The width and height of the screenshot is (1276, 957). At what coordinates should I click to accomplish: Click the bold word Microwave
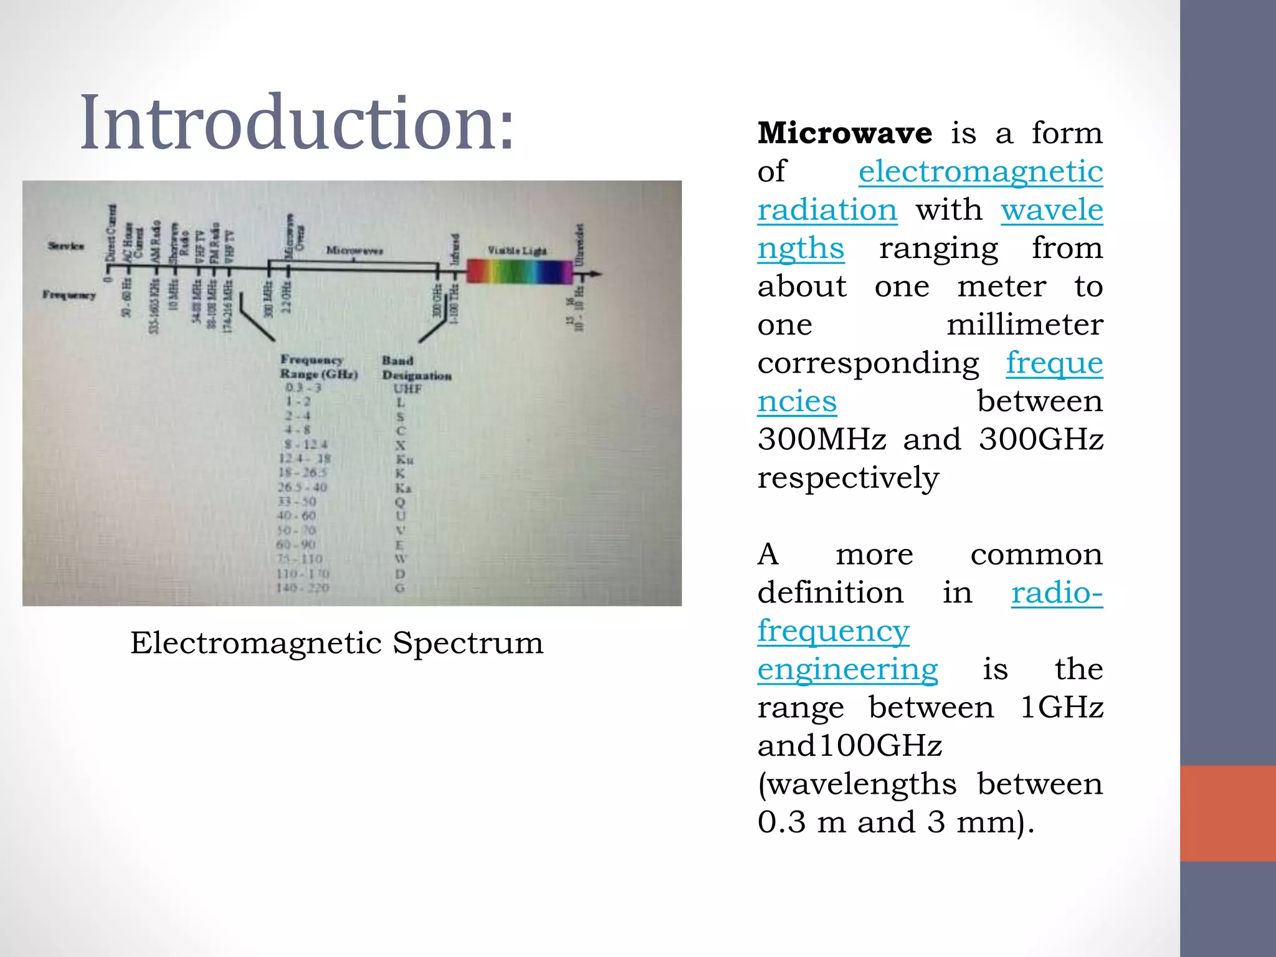click(845, 133)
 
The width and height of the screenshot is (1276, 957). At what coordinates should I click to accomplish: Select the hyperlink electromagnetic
click(981, 171)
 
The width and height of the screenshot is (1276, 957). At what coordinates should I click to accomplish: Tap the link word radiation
click(827, 210)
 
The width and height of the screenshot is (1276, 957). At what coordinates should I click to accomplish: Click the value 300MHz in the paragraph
click(822, 439)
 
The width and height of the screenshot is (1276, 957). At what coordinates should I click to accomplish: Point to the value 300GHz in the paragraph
click(1040, 439)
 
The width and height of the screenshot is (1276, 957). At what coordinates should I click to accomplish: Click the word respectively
click(848, 478)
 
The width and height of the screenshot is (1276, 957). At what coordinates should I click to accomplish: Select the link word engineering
click(847, 669)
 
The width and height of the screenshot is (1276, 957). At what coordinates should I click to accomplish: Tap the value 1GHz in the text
click(1062, 707)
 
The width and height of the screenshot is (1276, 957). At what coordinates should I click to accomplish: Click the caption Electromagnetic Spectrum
click(336, 643)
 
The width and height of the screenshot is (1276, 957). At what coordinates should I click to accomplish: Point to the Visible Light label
click(517, 250)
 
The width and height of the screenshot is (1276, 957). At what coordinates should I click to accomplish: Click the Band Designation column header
click(416, 368)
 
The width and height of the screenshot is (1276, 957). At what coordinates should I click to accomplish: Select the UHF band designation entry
click(407, 389)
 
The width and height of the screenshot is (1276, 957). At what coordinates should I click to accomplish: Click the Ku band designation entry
click(404, 460)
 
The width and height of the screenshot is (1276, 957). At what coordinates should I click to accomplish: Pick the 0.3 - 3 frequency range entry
click(303, 388)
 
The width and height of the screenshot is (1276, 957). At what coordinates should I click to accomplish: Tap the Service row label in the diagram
click(66, 245)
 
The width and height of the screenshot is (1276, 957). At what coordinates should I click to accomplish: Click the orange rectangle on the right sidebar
click(1227, 813)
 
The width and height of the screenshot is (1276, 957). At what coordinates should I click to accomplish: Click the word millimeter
click(1024, 325)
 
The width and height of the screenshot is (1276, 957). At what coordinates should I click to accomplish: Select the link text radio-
click(1057, 593)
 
